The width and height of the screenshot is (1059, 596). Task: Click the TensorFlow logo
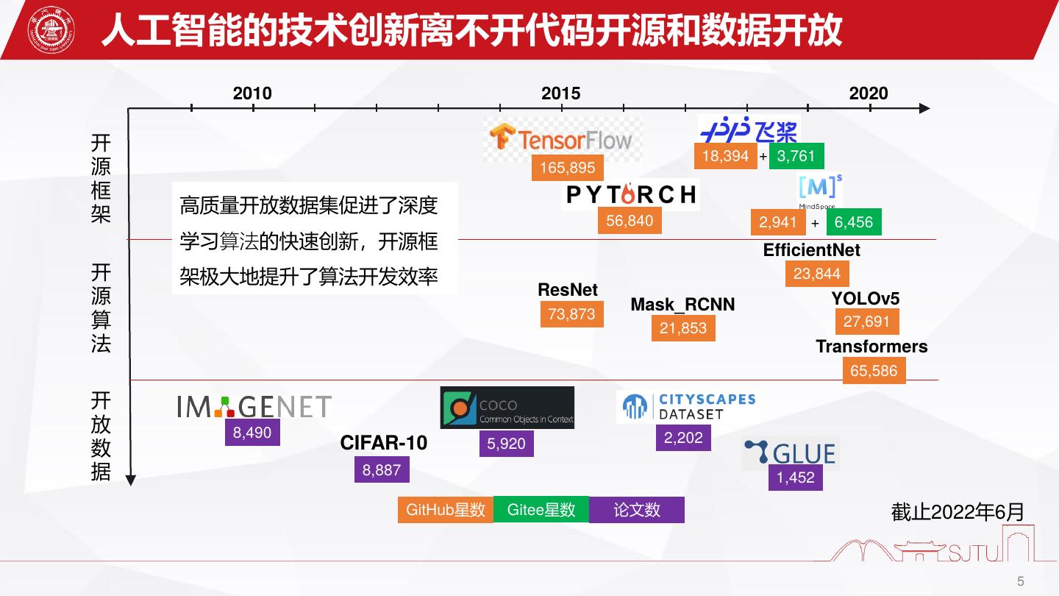pyautogui.click(x=562, y=138)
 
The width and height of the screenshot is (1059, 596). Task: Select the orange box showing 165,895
pyautogui.click(x=568, y=168)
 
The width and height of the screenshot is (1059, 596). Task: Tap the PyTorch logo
pyautogui.click(x=630, y=194)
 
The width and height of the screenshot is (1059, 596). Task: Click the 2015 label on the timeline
pyautogui.click(x=561, y=93)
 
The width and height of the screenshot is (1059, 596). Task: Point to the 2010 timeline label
pyautogui.click(x=252, y=93)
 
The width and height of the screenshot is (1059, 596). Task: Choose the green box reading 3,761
pyautogui.click(x=796, y=156)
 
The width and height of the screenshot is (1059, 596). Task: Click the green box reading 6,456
pyautogui.click(x=854, y=222)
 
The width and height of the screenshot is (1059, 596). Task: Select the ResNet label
pyautogui.click(x=568, y=290)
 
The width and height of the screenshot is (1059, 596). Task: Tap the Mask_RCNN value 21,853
pyautogui.click(x=683, y=328)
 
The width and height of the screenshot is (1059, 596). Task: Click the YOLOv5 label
pyautogui.click(x=866, y=299)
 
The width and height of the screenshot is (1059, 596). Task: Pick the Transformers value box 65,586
pyautogui.click(x=874, y=371)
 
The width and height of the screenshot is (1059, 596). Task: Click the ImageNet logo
pyautogui.click(x=254, y=407)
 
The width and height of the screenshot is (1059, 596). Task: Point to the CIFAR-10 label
pyautogui.click(x=383, y=443)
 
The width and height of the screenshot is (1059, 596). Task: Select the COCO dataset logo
pyautogui.click(x=507, y=408)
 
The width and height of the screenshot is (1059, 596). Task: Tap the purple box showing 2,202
pyautogui.click(x=683, y=438)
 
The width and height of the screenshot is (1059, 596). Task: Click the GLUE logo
pyautogui.click(x=791, y=453)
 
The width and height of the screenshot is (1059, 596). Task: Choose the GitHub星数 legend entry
pyautogui.click(x=446, y=510)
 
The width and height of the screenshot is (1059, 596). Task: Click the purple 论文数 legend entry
pyautogui.click(x=637, y=510)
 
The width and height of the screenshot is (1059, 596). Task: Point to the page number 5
pyautogui.click(x=1020, y=581)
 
